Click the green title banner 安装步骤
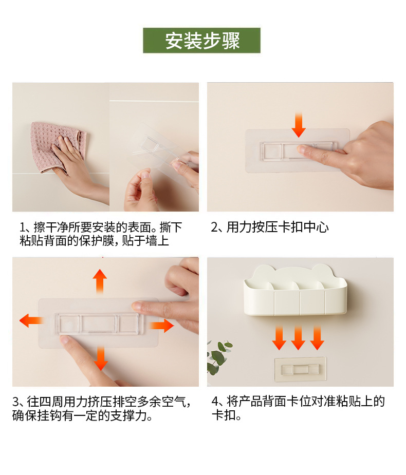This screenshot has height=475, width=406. click(x=201, y=40)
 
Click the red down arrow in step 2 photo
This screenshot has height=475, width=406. click(x=299, y=125)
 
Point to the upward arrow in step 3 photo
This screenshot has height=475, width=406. click(x=100, y=281)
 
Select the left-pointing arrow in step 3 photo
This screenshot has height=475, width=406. click(x=31, y=320)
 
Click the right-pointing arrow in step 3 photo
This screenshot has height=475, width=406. click(x=161, y=326)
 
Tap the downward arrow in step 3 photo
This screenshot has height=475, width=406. click(x=101, y=358)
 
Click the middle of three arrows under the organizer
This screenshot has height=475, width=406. click(x=298, y=337)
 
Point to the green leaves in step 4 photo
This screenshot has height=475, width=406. click(x=218, y=357)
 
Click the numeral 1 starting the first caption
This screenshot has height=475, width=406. click(x=23, y=227)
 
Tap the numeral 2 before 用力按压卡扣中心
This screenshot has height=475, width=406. click(x=214, y=227)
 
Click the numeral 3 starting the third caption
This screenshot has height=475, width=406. click(x=15, y=402)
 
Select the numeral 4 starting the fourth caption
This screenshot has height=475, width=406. click(x=215, y=402)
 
